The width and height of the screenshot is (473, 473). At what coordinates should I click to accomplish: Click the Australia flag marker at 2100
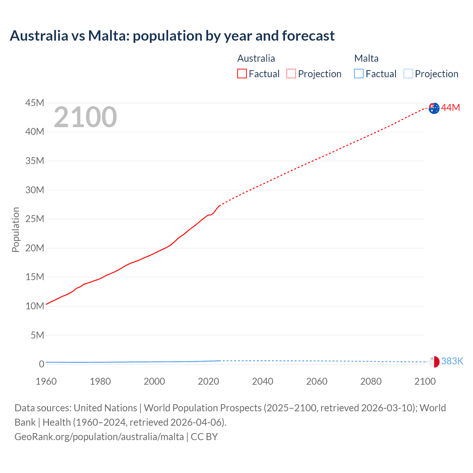pyautogui.click(x=434, y=108)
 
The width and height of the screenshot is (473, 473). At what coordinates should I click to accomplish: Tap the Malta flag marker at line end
pyautogui.click(x=434, y=362)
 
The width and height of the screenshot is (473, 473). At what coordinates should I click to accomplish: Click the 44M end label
pyautogui.click(x=450, y=108)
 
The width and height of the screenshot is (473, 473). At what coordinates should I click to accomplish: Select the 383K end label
pyautogui.click(x=452, y=361)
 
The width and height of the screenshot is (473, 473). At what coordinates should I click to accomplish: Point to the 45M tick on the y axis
pyautogui.click(x=35, y=103)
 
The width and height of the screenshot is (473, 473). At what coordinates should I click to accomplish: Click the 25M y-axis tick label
pyautogui.click(x=35, y=219)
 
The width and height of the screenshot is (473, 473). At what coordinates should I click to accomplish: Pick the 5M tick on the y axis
pyautogui.click(x=37, y=335)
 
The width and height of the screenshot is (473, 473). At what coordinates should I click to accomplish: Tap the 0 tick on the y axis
pyautogui.click(x=41, y=364)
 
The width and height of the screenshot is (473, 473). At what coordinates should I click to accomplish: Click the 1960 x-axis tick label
pyautogui.click(x=46, y=381)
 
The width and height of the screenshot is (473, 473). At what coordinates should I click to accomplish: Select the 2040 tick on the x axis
pyautogui.click(x=263, y=381)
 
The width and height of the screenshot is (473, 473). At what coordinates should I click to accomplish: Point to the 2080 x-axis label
pyautogui.click(x=371, y=381)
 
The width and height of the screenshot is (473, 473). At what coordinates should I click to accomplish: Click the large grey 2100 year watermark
pyautogui.click(x=85, y=117)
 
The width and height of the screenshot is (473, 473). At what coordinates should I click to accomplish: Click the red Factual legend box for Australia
pyautogui.click(x=242, y=74)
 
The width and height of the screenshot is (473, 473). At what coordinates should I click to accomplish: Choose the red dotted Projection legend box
pyautogui.click(x=291, y=74)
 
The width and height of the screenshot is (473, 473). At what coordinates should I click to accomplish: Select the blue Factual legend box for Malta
pyautogui.click(x=359, y=74)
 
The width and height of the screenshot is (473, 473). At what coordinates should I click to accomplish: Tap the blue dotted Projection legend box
pyautogui.click(x=408, y=74)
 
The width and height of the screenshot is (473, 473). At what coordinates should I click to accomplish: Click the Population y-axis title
pyautogui.click(x=16, y=229)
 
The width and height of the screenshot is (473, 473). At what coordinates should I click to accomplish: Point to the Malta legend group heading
pyautogui.click(x=366, y=58)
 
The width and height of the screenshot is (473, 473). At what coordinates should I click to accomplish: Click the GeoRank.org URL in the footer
pyautogui.click(x=99, y=436)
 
